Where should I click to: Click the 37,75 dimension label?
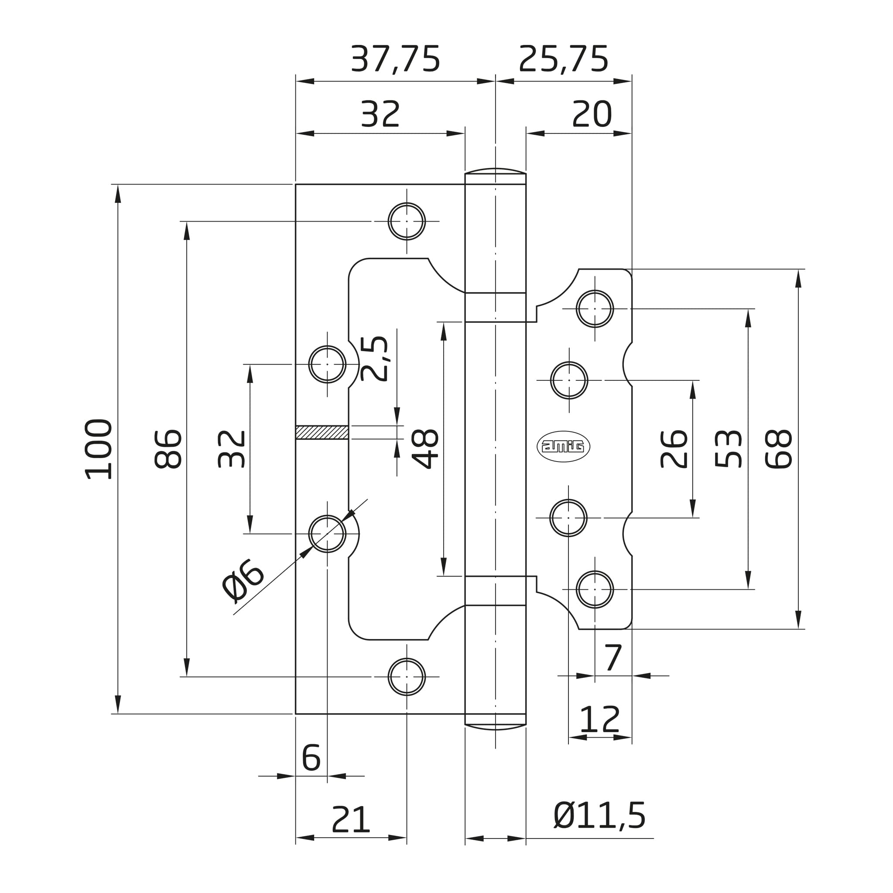point(395,59)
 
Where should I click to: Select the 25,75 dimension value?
point(564,59)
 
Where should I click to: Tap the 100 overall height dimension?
point(99,449)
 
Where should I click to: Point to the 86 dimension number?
point(168,449)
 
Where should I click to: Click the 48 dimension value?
point(425,449)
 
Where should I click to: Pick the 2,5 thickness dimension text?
point(374,358)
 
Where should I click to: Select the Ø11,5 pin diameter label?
point(599,816)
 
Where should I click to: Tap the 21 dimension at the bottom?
point(351,820)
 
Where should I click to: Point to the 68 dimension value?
point(779,449)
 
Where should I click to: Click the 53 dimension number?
point(729,449)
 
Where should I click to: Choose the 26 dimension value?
point(674,449)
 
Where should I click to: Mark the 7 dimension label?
point(614,658)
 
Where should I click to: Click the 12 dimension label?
point(599,719)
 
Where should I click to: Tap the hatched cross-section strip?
point(322,432)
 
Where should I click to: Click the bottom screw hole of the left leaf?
point(407,677)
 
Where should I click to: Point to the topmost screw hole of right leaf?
point(595,309)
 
